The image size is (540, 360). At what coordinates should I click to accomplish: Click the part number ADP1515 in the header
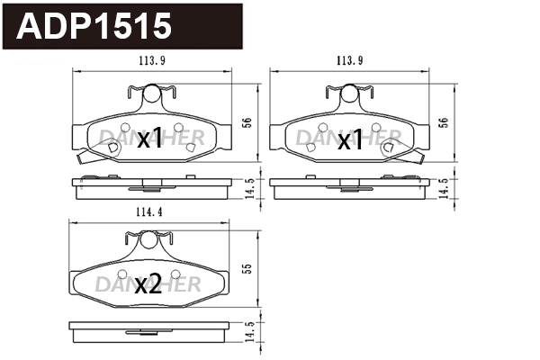pyautogui.click(x=94, y=26)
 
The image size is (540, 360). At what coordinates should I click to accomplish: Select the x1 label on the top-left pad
pyautogui.click(x=150, y=139)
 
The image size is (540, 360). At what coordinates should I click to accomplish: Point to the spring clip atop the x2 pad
pyautogui.click(x=147, y=238)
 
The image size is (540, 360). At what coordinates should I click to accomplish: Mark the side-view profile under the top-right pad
pyautogui.click(x=351, y=186)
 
